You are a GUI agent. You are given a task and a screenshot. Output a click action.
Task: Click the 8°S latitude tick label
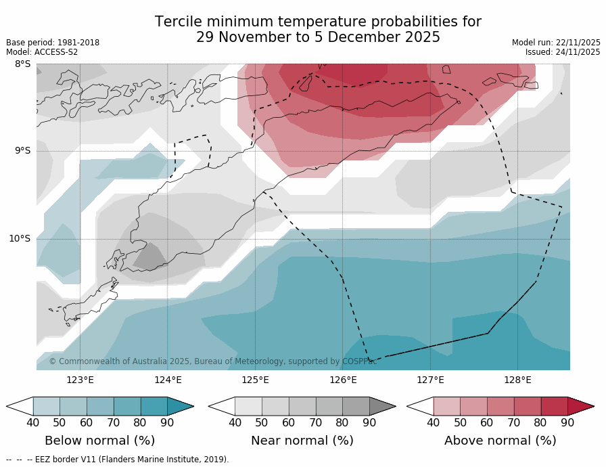click(x=22, y=64)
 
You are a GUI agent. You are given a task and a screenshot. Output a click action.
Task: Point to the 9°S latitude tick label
click(x=22, y=151)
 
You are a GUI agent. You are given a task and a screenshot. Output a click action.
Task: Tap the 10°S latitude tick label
click(x=20, y=238)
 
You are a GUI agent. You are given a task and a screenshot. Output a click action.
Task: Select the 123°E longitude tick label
click(x=80, y=380)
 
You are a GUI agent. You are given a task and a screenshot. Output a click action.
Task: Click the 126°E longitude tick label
click(x=343, y=380)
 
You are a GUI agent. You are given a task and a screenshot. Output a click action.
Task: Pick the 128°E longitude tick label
click(x=517, y=380)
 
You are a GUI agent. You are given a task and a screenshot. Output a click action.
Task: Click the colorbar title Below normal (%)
click(x=99, y=441)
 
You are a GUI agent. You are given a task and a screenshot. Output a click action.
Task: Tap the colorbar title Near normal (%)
click(x=302, y=441)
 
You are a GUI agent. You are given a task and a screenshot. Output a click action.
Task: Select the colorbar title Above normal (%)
click(x=500, y=441)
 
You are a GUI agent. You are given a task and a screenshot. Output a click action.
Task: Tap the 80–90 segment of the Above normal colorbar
click(x=554, y=406)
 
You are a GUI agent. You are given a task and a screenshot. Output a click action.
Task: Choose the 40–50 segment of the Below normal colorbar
click(x=46, y=406)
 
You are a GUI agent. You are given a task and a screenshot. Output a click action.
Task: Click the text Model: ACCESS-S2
click(x=42, y=52)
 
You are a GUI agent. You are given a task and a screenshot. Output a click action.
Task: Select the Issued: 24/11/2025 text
click(x=563, y=52)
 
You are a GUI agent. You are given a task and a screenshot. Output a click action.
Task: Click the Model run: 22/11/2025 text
click(x=556, y=43)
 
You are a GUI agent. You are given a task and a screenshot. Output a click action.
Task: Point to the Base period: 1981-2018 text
click(x=53, y=43)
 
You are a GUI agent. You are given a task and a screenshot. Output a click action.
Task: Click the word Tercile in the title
click(x=177, y=22)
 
